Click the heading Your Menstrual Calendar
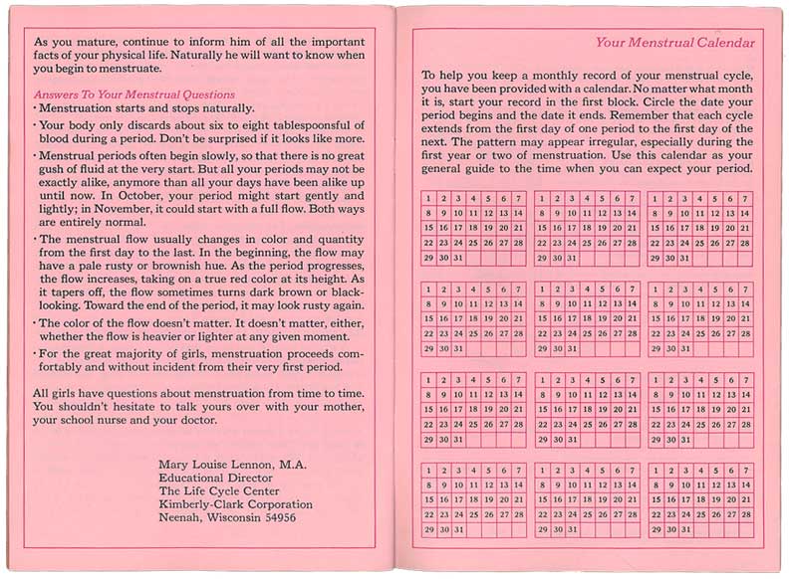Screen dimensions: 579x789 click(674, 43)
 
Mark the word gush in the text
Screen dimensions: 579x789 click(55, 171)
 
